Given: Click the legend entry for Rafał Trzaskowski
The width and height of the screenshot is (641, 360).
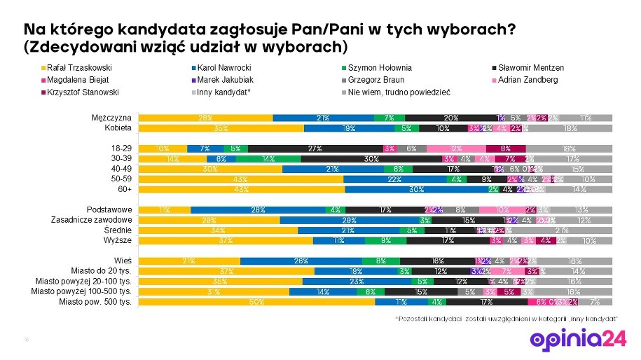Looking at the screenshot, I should (x=76, y=68).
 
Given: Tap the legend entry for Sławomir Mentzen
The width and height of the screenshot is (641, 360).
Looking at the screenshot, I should (x=530, y=68).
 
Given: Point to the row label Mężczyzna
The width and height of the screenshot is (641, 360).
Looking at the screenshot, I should (x=112, y=118).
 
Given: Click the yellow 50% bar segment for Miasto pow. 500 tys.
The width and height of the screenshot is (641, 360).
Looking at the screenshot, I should (x=256, y=302).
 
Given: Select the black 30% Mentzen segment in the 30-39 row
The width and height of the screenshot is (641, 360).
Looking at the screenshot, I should (x=371, y=159).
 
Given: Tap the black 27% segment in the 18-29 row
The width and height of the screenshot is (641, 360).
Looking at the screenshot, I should (x=315, y=148).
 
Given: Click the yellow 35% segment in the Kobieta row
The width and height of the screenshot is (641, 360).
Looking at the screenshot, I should (x=221, y=128).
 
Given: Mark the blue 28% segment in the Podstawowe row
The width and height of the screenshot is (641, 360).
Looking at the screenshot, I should (x=258, y=209).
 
